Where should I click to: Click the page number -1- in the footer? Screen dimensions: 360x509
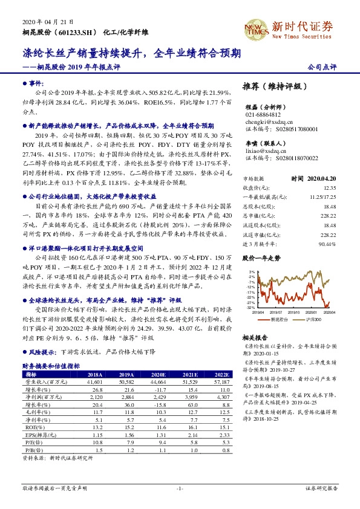point(180,488)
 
